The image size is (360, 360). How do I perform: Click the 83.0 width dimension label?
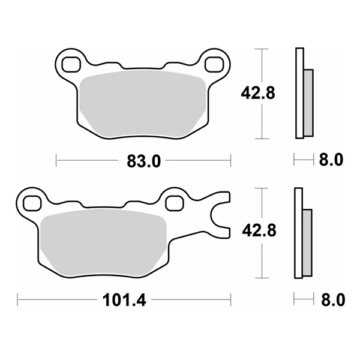coord(143,160)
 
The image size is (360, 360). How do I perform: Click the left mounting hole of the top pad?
coord(70,62)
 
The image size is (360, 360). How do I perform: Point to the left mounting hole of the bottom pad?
coord(30,202)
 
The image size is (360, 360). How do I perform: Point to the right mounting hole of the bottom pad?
coord(175,202)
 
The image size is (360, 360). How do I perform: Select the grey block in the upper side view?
coord(308,102)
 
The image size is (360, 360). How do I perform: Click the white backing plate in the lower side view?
coord(298,233)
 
